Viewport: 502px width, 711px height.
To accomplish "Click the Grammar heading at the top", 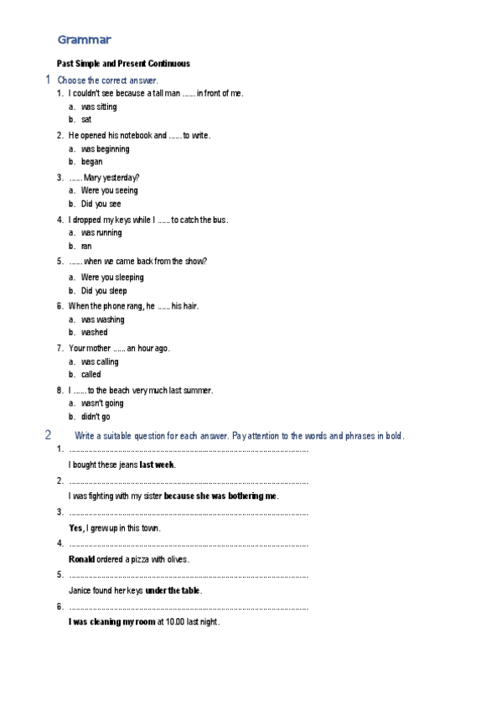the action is (x=84, y=39).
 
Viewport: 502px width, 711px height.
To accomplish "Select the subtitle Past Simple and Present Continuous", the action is (x=123, y=63).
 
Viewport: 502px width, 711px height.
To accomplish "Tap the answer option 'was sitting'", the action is (x=99, y=107).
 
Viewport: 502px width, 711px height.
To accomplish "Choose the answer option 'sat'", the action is (x=86, y=120).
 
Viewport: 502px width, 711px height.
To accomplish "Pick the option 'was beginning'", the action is (x=105, y=149).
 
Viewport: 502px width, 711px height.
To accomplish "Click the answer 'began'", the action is (x=92, y=162).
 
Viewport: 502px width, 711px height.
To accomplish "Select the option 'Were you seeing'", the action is (x=110, y=190).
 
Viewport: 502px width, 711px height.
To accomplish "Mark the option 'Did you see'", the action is (x=101, y=204).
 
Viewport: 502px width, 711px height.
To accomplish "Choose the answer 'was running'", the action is (x=101, y=233).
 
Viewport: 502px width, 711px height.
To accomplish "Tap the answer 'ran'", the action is (x=86, y=247).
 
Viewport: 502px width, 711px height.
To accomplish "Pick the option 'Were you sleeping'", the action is (x=112, y=278).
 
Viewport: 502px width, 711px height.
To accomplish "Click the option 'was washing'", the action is (x=102, y=319).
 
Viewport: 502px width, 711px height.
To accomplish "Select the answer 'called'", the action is (x=91, y=375).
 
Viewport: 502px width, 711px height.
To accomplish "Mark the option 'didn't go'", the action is (x=96, y=417).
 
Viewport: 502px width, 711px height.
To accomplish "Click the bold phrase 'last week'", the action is (x=157, y=464).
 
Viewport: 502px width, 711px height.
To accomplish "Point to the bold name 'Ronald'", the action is (x=81, y=559).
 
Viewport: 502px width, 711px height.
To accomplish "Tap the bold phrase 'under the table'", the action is (x=173, y=590).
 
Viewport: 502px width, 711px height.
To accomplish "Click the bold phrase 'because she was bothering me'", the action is (x=220, y=496).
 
